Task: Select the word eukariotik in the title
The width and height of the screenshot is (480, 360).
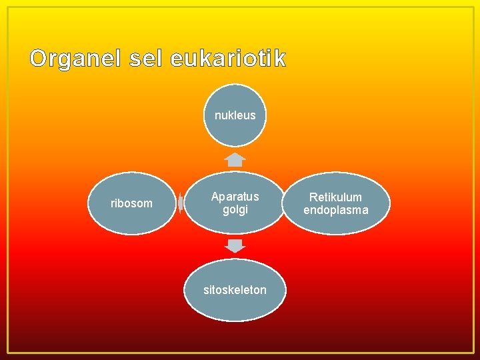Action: [228, 59]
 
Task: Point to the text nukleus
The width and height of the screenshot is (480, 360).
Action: [235, 115]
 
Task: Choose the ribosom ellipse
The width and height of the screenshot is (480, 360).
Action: [131, 203]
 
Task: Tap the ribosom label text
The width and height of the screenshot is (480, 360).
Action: [131, 203]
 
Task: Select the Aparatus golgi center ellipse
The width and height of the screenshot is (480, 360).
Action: [235, 203]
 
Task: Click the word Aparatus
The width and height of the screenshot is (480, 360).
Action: [235, 197]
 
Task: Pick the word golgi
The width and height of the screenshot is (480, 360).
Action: [235, 210]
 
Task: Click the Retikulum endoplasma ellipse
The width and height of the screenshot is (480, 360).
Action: [336, 203]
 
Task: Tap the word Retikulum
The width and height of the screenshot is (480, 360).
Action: [336, 197]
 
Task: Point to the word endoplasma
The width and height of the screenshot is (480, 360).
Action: [336, 210]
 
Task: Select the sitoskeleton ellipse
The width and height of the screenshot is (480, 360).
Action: [235, 290]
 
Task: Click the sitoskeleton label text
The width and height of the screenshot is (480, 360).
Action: [235, 290]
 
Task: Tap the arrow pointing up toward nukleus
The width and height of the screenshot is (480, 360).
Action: [235, 159]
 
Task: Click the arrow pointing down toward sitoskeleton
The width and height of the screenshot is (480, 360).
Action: [235, 245]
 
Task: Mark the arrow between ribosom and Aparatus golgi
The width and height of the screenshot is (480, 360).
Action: [181, 203]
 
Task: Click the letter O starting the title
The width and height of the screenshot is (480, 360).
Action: [39, 59]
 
